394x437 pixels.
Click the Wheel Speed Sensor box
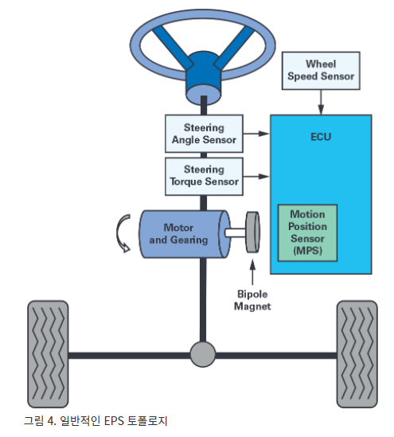click(321, 71)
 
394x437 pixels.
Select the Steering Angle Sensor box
click(204, 134)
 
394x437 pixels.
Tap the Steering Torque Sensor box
click(204, 177)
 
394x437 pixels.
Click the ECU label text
click(321, 137)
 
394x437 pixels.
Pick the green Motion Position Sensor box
click(307, 232)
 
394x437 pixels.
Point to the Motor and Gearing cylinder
click(185, 234)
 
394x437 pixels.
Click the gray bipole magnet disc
click(252, 232)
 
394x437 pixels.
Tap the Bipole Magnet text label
click(252, 300)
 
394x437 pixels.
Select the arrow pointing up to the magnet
click(252, 271)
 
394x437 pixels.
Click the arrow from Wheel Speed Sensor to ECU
click(321, 102)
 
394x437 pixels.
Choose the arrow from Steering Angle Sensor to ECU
click(256, 134)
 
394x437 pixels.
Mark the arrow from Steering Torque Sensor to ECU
click(256, 177)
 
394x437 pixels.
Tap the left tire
click(48, 354)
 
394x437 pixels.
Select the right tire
click(357, 354)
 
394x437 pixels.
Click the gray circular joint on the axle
click(203, 354)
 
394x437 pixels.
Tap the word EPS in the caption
click(114, 420)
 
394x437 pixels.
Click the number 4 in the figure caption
click(52, 420)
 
